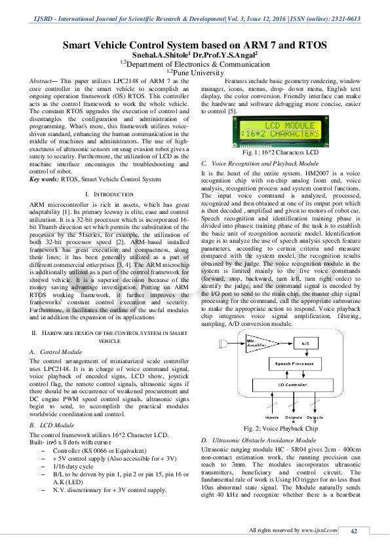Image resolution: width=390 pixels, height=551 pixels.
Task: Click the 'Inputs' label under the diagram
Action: tap(271, 417)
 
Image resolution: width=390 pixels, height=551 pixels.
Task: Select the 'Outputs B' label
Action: tap(315, 419)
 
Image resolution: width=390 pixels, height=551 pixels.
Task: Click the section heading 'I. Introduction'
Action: tap(109, 194)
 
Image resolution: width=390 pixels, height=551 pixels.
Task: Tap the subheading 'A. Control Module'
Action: tap(56, 351)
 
